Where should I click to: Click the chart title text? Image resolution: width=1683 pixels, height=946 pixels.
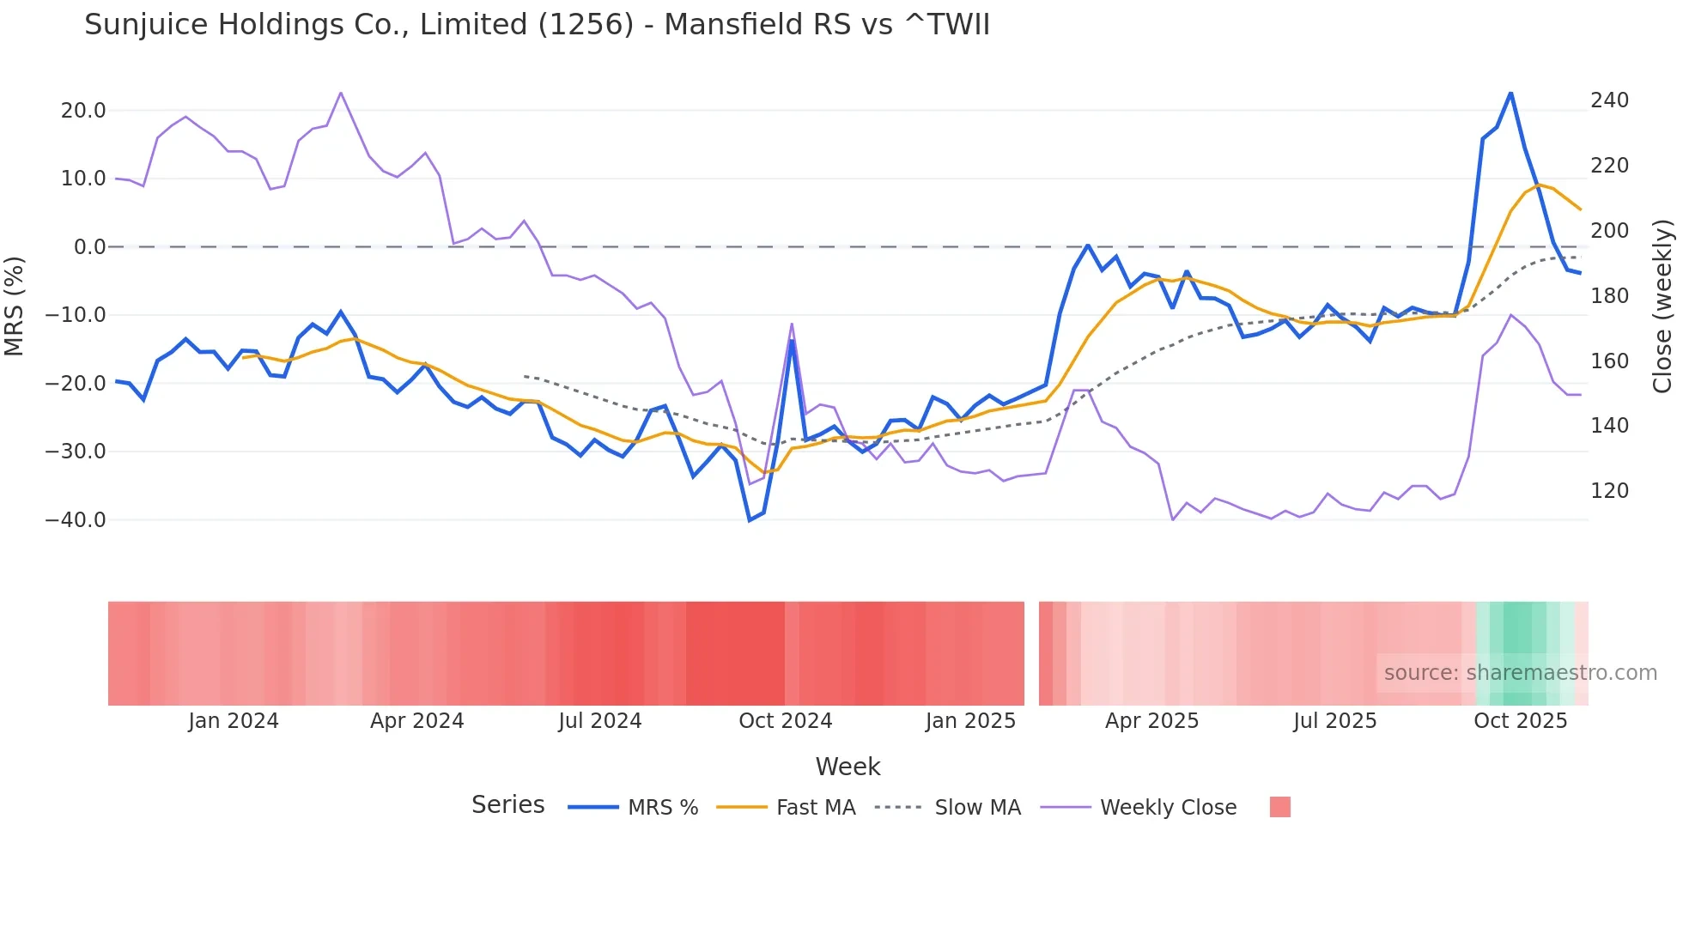pyautogui.click(x=537, y=25)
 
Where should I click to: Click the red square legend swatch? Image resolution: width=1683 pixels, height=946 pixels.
pyautogui.click(x=1279, y=807)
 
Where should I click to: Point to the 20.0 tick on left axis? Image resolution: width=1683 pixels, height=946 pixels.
pyautogui.click(x=83, y=111)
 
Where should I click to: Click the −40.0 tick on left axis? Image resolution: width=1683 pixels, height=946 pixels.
pyautogui.click(x=76, y=520)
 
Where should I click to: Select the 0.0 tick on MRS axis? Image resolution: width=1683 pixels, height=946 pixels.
pyautogui.click(x=89, y=247)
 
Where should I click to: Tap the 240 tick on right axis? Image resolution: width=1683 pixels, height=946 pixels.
pyautogui.click(x=1609, y=100)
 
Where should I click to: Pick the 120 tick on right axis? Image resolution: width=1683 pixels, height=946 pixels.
pyautogui.click(x=1609, y=491)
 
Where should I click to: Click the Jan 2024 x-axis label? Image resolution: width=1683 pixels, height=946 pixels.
pyautogui.click(x=234, y=721)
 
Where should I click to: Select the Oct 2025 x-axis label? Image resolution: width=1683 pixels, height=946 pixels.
pyautogui.click(x=1520, y=721)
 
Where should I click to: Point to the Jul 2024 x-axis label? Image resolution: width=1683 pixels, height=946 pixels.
pyautogui.click(x=599, y=721)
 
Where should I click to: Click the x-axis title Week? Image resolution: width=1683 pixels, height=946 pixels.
pyautogui.click(x=848, y=767)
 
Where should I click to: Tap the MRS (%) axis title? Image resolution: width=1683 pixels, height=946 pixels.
pyautogui.click(x=15, y=306)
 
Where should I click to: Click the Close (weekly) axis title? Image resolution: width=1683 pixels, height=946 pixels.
pyautogui.click(x=1662, y=306)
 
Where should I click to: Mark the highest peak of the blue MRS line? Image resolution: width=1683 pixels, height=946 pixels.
pyautogui.click(x=1510, y=93)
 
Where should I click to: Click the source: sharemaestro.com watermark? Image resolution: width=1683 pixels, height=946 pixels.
pyautogui.click(x=1520, y=673)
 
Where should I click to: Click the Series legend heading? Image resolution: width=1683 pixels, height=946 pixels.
pyautogui.click(x=507, y=805)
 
